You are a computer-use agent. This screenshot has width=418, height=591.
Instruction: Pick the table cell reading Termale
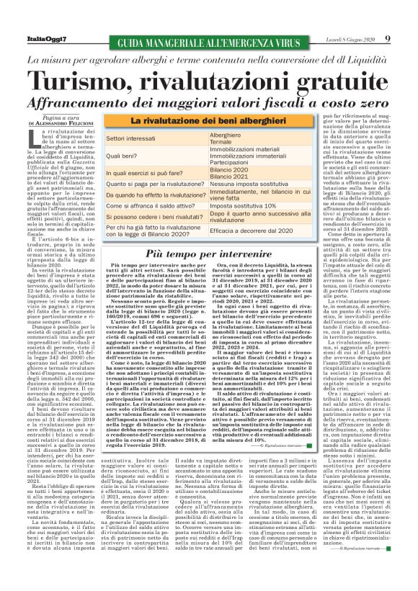coord(221,141)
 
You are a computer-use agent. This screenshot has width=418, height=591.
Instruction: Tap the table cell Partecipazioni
coord(234,163)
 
